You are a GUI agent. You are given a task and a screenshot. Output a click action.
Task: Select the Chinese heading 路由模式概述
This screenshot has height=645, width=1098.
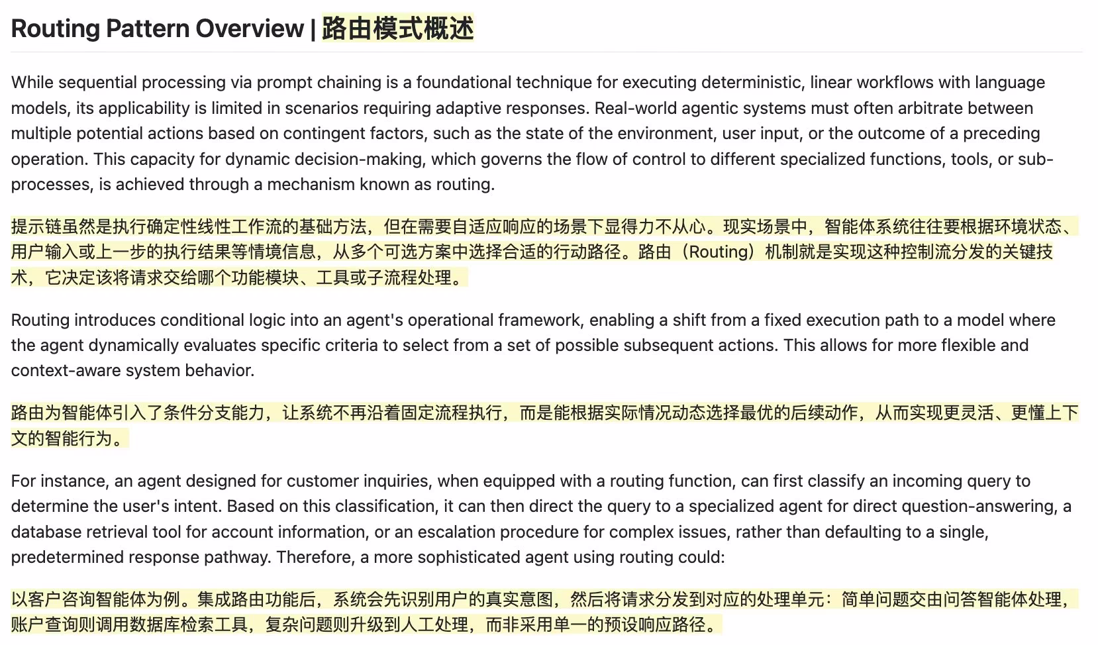click(397, 28)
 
